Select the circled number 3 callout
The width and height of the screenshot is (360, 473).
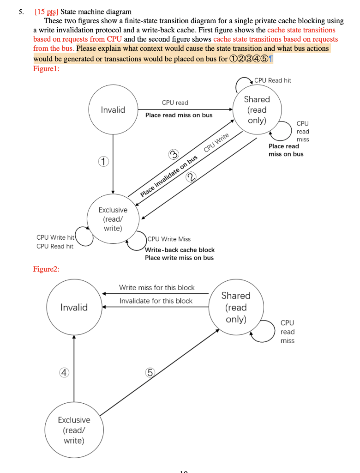(x=173, y=155)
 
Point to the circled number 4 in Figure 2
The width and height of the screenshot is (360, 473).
(x=65, y=372)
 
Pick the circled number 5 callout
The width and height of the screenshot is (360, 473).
(x=150, y=372)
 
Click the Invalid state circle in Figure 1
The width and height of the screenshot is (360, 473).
(x=113, y=109)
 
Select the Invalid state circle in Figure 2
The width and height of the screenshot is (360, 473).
(x=74, y=307)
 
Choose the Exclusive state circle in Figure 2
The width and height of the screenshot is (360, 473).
(x=74, y=430)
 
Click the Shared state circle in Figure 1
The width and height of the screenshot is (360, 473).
(x=257, y=109)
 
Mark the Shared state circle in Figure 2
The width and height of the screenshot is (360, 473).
(x=236, y=307)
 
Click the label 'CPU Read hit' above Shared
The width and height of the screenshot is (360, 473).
(x=273, y=80)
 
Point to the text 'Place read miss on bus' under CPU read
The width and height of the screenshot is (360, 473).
(x=179, y=115)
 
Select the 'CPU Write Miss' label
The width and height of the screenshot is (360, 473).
(x=169, y=239)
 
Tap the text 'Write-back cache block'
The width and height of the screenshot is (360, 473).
(x=180, y=249)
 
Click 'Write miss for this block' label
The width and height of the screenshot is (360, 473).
(x=156, y=287)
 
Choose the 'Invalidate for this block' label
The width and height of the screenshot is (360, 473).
(x=156, y=301)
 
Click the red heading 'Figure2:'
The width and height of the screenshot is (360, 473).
(x=46, y=269)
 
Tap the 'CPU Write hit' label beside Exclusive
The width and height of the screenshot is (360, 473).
(x=55, y=237)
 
